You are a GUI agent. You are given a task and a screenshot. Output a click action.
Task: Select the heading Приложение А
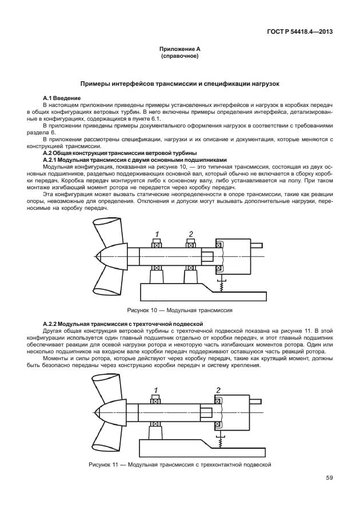179,51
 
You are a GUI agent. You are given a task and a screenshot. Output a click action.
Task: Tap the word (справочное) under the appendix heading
179,58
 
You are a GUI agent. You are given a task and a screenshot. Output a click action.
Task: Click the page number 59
329,477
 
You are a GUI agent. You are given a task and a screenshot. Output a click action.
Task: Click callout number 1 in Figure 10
155,234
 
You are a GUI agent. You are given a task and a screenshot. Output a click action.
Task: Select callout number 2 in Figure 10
191,233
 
